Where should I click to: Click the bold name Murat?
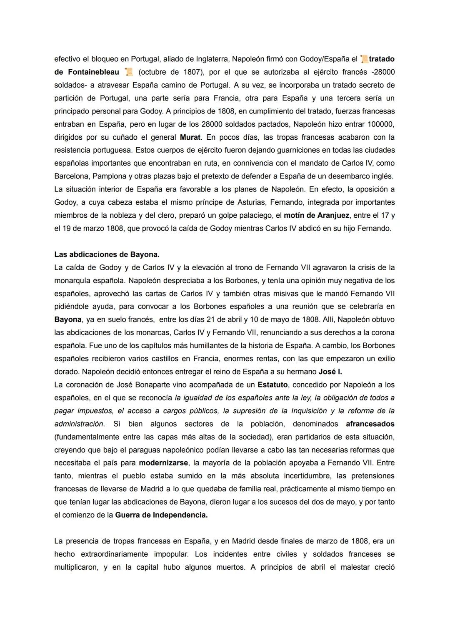tap(190, 137)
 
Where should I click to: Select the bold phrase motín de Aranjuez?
tap(316, 216)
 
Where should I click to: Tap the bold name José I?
tap(330, 372)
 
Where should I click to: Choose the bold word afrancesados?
tap(370, 424)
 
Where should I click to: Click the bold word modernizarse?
tap(163, 463)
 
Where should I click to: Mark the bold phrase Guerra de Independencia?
tap(161, 515)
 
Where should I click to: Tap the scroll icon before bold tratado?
tap(364, 59)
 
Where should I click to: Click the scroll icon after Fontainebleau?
tap(129, 72)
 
